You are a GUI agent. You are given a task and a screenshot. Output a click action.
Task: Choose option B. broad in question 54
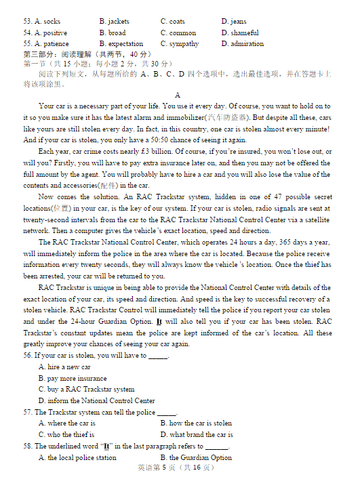coord(112,33)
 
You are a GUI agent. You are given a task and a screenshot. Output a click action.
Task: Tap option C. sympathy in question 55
coord(180,43)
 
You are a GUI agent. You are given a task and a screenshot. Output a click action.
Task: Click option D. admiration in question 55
coord(242,43)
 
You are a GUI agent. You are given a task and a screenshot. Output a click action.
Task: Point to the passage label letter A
coord(178,95)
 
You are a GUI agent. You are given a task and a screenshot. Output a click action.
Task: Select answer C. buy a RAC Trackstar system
coord(86,390)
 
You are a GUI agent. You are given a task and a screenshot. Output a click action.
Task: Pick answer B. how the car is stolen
coord(196,423)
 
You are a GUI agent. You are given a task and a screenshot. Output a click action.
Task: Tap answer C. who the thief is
coord(66,434)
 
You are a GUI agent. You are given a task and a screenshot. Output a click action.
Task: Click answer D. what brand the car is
coord(197,434)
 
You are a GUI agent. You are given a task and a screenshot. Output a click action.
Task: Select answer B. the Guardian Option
coord(196,457)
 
